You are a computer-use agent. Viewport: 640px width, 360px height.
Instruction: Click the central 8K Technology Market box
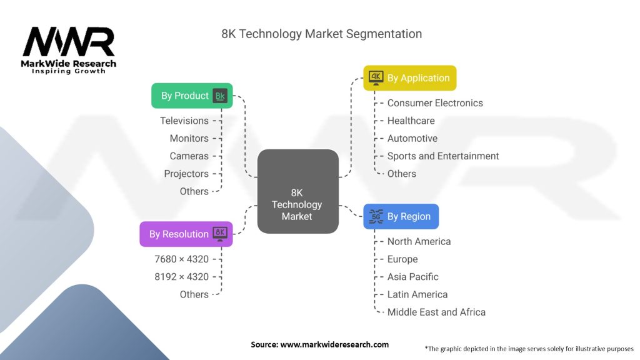tap(297, 192)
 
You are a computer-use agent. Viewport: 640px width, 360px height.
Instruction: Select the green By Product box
tap(192, 96)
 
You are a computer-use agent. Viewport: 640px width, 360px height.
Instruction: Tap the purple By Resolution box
tap(186, 234)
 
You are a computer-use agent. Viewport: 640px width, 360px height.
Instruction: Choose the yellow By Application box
tap(410, 78)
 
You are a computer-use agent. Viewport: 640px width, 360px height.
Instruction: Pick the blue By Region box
tap(401, 216)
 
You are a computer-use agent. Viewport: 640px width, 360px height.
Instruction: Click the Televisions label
tap(184, 121)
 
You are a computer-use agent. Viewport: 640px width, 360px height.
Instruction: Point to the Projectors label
tap(186, 174)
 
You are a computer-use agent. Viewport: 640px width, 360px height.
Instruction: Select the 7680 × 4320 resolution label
tap(182, 259)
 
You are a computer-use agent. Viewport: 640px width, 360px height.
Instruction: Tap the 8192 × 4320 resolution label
tap(182, 276)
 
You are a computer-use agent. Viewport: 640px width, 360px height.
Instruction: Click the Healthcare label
tap(411, 121)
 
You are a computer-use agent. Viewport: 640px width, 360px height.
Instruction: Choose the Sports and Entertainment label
tap(443, 156)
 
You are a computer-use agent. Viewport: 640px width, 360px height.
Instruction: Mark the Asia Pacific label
tap(412, 276)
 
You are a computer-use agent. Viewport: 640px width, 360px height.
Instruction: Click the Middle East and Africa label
tap(436, 312)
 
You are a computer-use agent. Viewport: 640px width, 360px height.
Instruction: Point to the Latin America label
tap(417, 294)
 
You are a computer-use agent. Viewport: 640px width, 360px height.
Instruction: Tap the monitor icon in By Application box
tap(376, 77)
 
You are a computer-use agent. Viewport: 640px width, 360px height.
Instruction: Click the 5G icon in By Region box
tap(376, 216)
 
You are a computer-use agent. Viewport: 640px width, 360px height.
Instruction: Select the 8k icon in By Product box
tap(220, 96)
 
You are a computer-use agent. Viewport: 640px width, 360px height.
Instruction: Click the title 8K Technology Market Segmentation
tap(321, 34)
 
